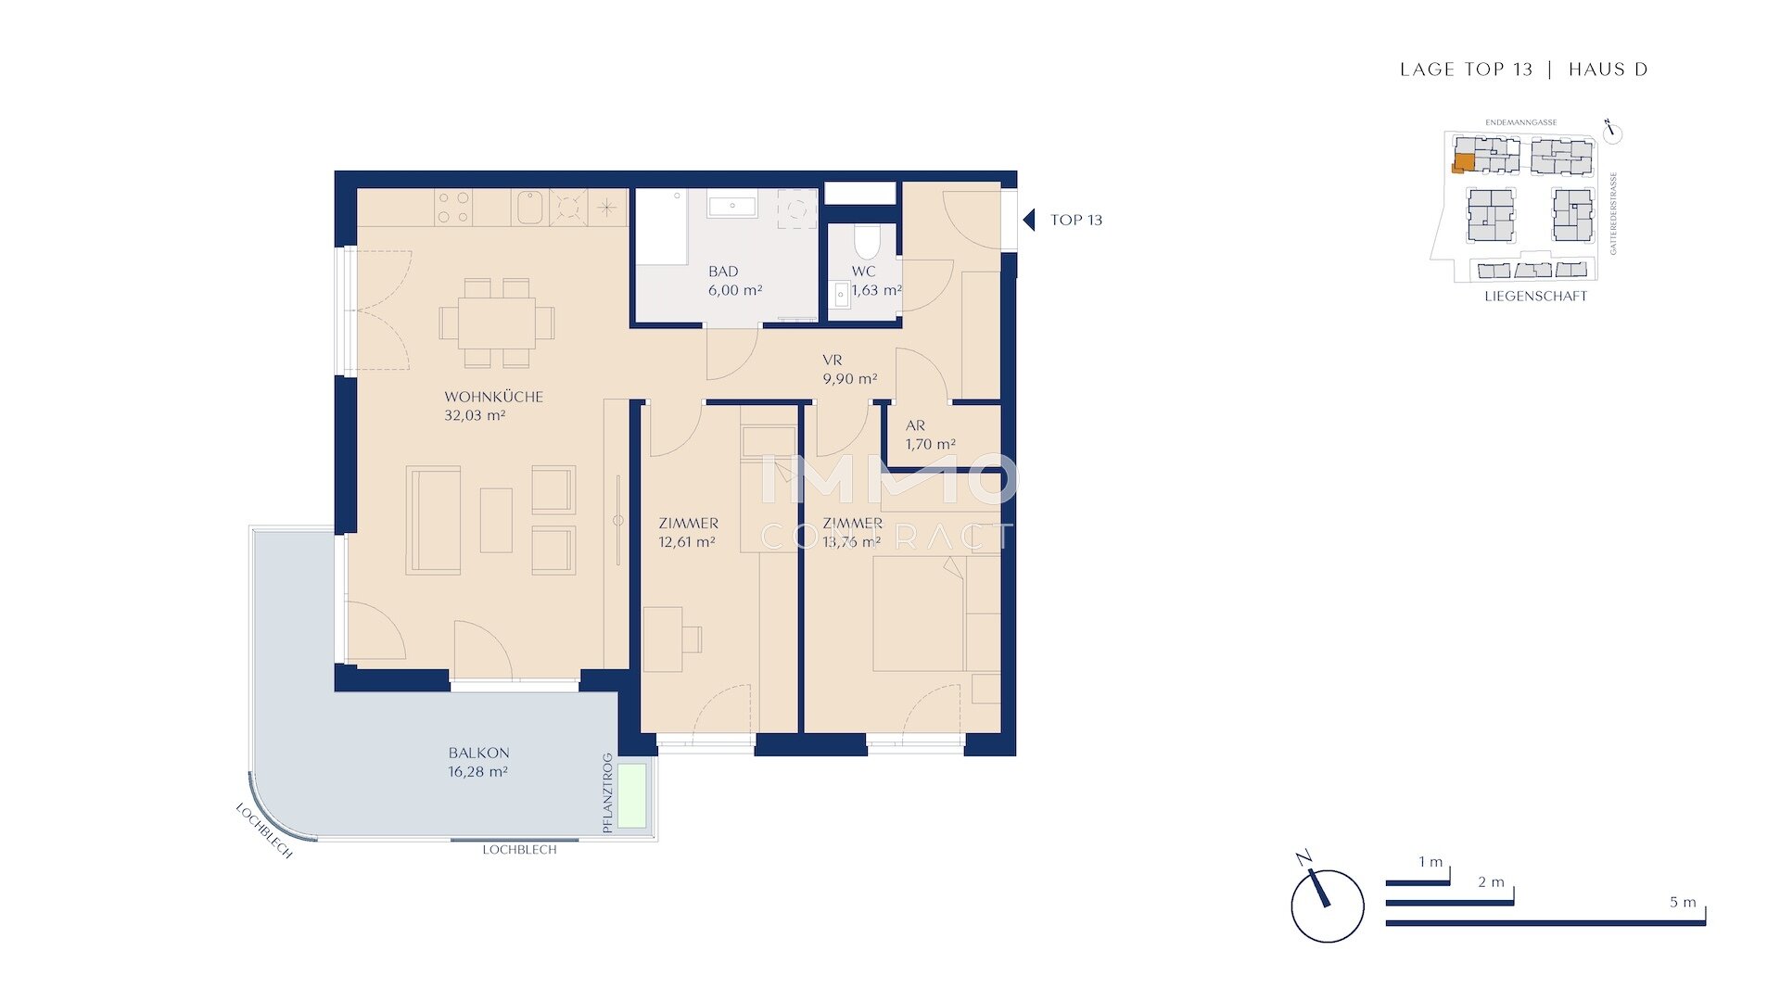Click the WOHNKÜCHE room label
click(493, 397)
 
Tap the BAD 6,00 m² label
click(734, 281)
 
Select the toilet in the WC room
click(866, 242)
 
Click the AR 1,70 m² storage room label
click(930, 435)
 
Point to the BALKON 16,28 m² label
click(478, 762)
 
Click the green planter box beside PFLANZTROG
click(632, 795)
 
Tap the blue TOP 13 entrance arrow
click(1028, 220)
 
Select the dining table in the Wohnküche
click(496, 322)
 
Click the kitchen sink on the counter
click(529, 208)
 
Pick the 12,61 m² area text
click(687, 542)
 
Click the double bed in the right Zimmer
click(918, 612)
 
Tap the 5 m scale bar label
click(1683, 902)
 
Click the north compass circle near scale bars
click(1327, 906)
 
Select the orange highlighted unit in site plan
click(1463, 163)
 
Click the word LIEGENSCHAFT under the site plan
click(1535, 297)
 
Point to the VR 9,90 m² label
click(849, 370)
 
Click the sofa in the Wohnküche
click(433, 520)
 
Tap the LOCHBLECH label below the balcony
click(519, 850)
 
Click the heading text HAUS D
click(1608, 70)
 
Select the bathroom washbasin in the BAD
click(732, 205)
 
